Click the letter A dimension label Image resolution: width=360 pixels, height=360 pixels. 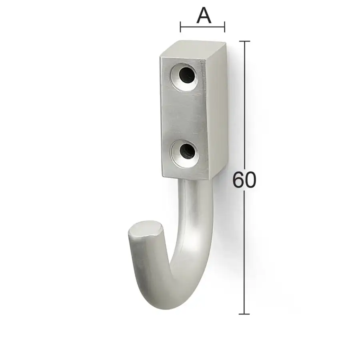point(204,15)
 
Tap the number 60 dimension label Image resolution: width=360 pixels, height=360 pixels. point(244,180)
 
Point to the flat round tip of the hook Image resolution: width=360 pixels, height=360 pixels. point(146,228)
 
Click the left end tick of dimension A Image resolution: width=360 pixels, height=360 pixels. point(180,27)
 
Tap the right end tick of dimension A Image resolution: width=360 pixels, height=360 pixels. point(224,27)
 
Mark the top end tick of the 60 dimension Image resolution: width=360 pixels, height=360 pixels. point(244,41)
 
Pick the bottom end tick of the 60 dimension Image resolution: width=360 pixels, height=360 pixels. point(244,314)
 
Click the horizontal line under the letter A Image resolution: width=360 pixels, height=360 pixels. point(202,27)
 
